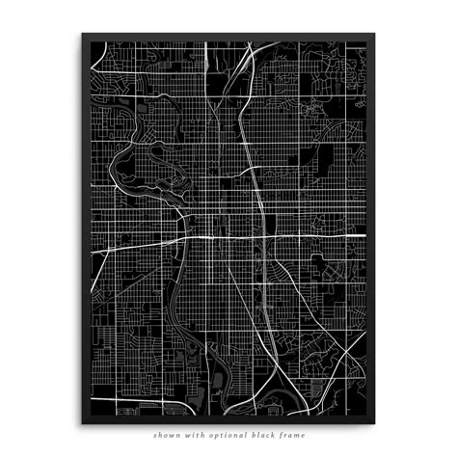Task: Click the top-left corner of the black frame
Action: [x=82, y=34]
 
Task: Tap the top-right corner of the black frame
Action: [x=374, y=34]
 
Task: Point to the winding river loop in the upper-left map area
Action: [x=135, y=159]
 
